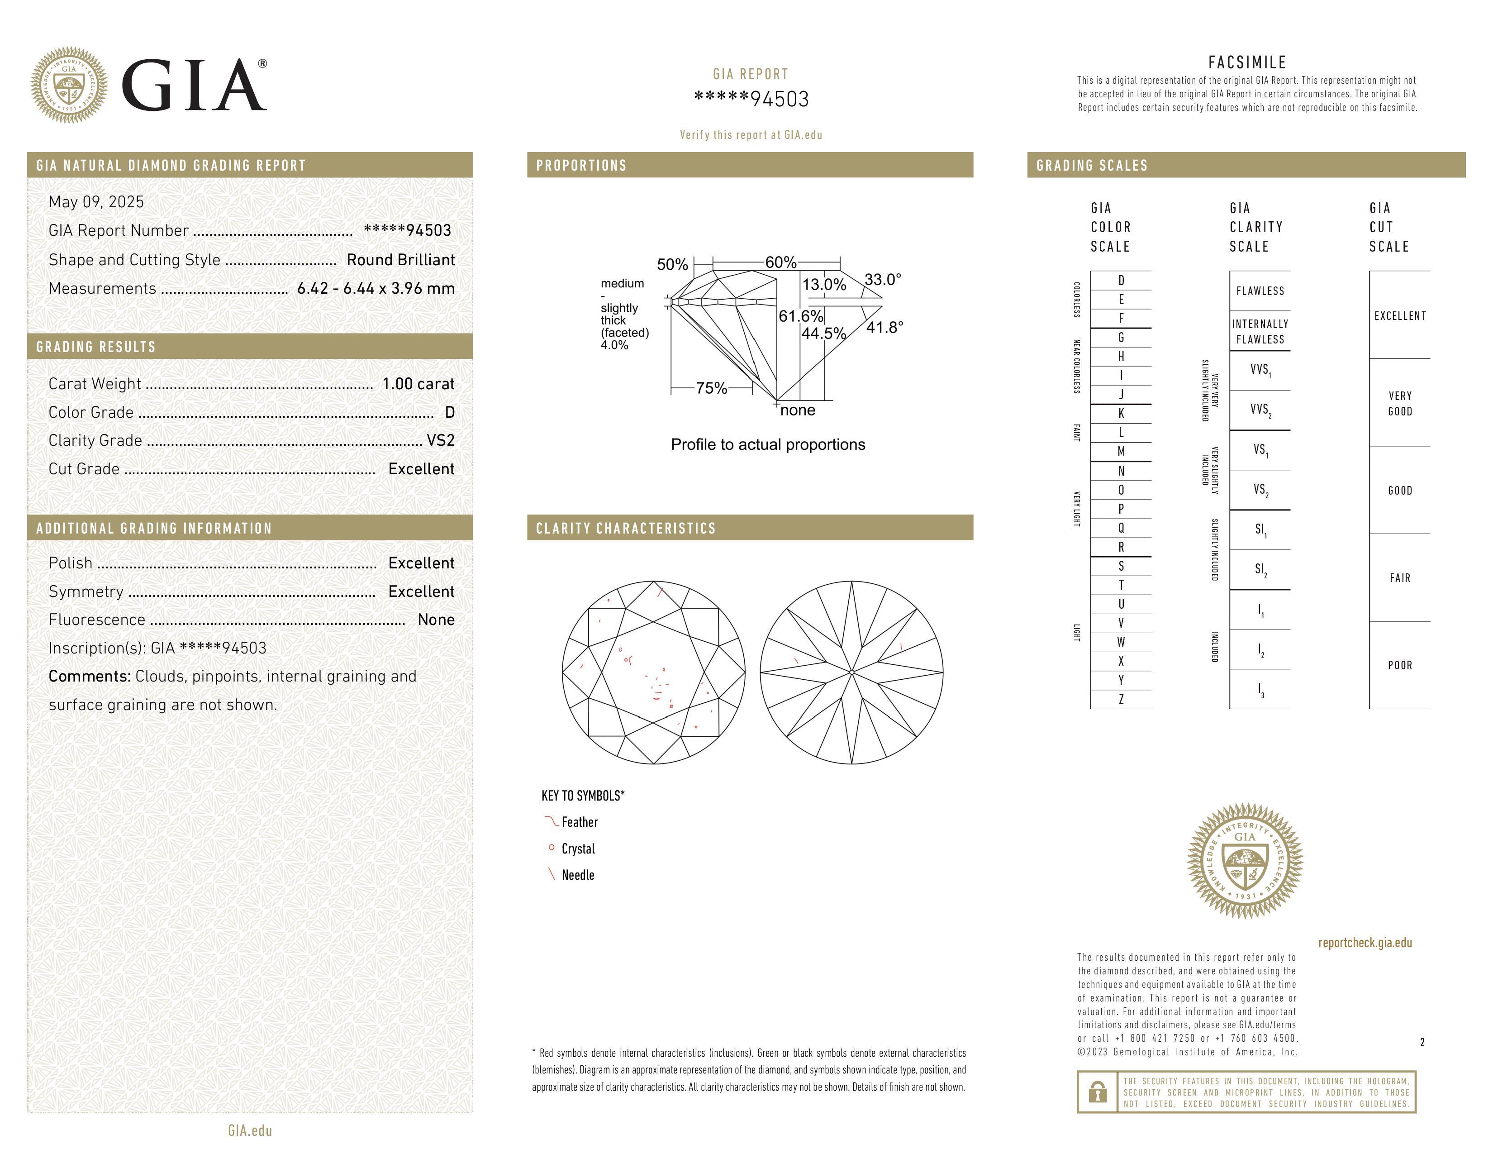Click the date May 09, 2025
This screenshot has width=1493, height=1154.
[96, 202]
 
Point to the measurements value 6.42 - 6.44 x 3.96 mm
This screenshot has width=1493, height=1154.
[376, 289]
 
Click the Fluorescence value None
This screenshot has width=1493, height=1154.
[436, 620]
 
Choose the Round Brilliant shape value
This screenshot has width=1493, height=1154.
[400, 260]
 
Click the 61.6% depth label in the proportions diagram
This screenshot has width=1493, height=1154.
[800, 316]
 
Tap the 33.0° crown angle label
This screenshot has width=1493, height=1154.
[883, 280]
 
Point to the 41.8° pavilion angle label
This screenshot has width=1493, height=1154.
[884, 328]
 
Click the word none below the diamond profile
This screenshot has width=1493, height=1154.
[798, 410]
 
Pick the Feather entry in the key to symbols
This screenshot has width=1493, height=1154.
[579, 822]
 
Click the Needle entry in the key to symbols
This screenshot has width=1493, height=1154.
[578, 875]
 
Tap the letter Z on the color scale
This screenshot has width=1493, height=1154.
[1121, 699]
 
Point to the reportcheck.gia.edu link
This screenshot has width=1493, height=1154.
[1365, 943]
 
